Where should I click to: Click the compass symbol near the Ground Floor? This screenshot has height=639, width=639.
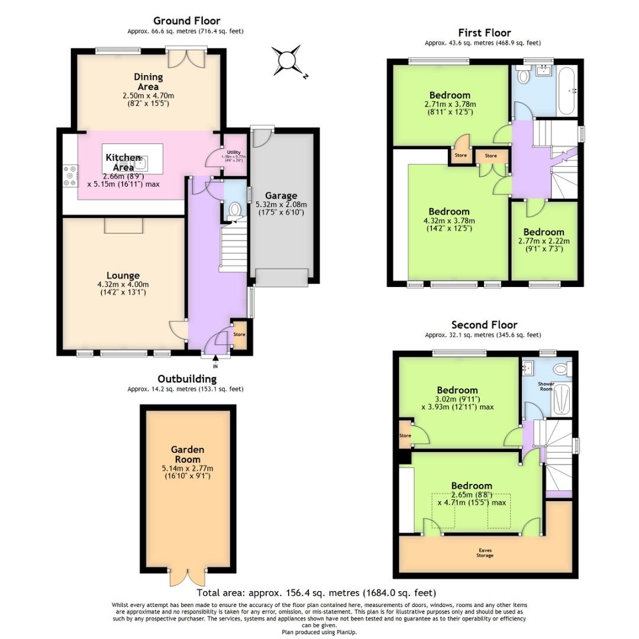click(x=288, y=60)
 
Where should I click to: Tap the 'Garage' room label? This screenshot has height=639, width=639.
click(x=281, y=196)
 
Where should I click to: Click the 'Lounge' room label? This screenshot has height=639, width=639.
click(x=123, y=275)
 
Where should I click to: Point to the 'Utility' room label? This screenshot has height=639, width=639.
click(x=234, y=153)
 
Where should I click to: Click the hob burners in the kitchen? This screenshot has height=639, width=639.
click(x=70, y=175)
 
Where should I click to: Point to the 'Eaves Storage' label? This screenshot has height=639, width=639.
click(x=485, y=553)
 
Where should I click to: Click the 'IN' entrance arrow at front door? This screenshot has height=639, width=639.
click(x=215, y=358)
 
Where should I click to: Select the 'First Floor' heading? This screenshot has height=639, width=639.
click(x=484, y=33)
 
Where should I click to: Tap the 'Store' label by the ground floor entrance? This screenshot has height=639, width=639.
click(x=239, y=334)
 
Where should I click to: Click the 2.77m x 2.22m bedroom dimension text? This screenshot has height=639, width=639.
click(x=543, y=241)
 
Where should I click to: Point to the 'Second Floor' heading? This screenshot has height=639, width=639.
click(x=484, y=325)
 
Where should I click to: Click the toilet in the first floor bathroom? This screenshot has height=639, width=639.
click(x=522, y=77)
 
